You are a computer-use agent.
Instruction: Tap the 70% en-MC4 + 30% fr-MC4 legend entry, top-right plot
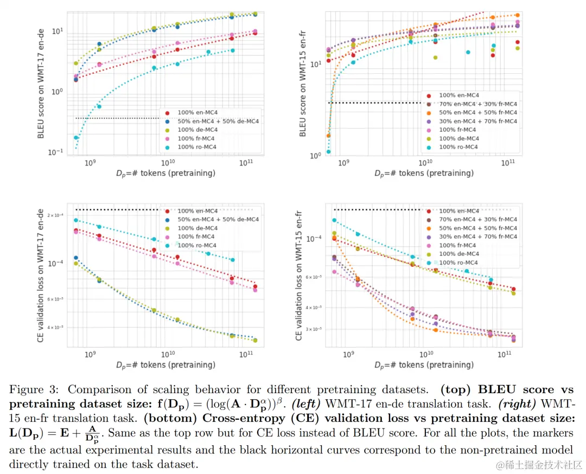pyautogui.click(x=477, y=104)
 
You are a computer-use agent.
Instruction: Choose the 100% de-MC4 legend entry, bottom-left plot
pyautogui.click(x=198, y=228)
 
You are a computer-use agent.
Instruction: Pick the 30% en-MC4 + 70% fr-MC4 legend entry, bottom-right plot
pyautogui.click(x=477, y=236)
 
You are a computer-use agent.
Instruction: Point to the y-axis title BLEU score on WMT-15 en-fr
pyautogui.click(x=302, y=89)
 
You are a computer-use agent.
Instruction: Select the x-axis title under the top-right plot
pyautogui.click(x=424, y=173)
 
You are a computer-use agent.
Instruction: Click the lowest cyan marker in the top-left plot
pyautogui.click(x=76, y=138)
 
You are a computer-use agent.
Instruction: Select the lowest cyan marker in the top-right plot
pyautogui.click(x=328, y=152)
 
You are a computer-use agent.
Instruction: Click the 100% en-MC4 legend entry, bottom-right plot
pyautogui.click(x=459, y=210)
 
